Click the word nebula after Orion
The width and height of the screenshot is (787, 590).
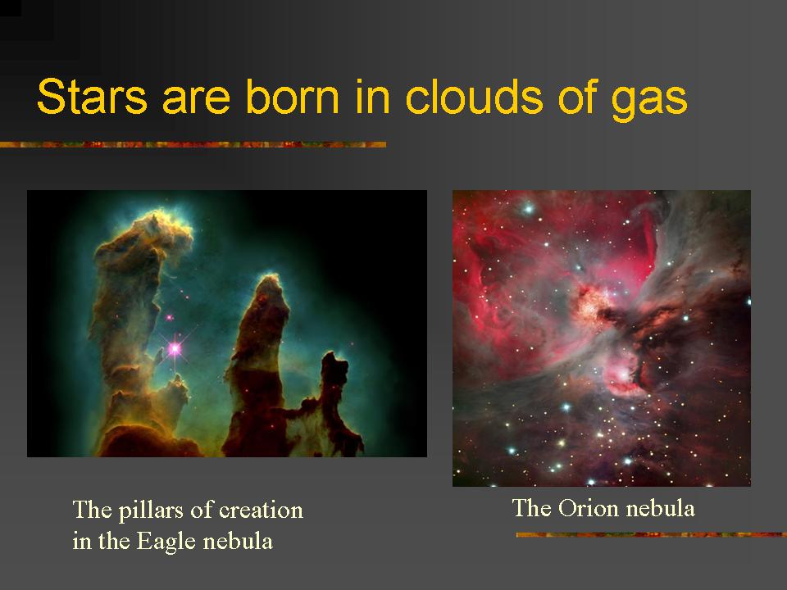click(660, 509)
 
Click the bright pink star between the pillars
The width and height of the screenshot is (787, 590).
click(174, 349)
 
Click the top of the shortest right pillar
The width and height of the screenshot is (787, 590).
click(334, 358)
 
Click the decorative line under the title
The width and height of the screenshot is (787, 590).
click(193, 145)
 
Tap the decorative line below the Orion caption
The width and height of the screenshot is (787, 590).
click(651, 535)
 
